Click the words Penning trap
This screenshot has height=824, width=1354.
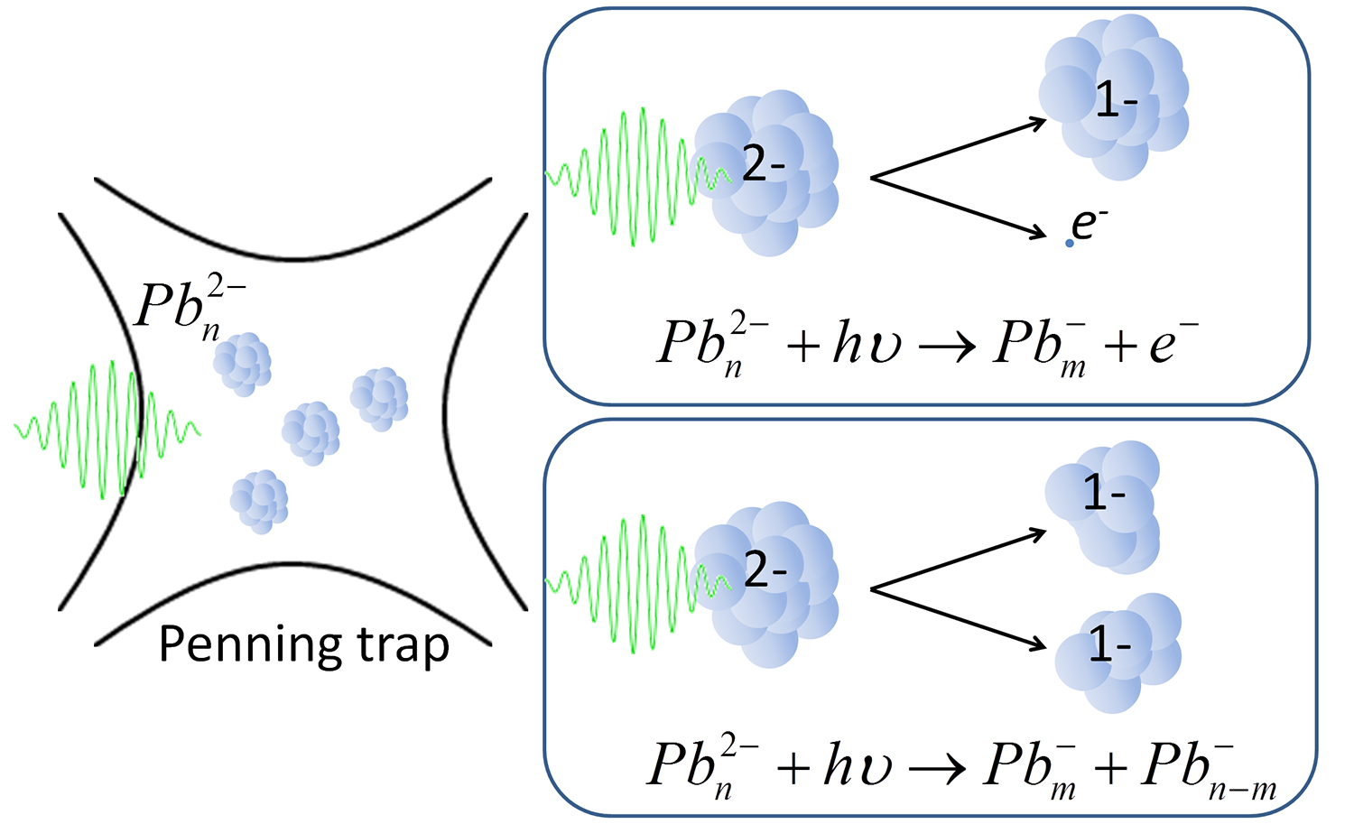[x=303, y=645]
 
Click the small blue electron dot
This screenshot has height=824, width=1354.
[x=1070, y=243]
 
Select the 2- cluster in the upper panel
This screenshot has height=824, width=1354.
[x=767, y=171]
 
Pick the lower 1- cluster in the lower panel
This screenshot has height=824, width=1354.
[x=1118, y=651]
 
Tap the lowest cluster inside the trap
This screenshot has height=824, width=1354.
[x=259, y=501]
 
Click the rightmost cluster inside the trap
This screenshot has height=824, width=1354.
[x=379, y=398]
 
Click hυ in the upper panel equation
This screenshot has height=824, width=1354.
[x=867, y=345]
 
